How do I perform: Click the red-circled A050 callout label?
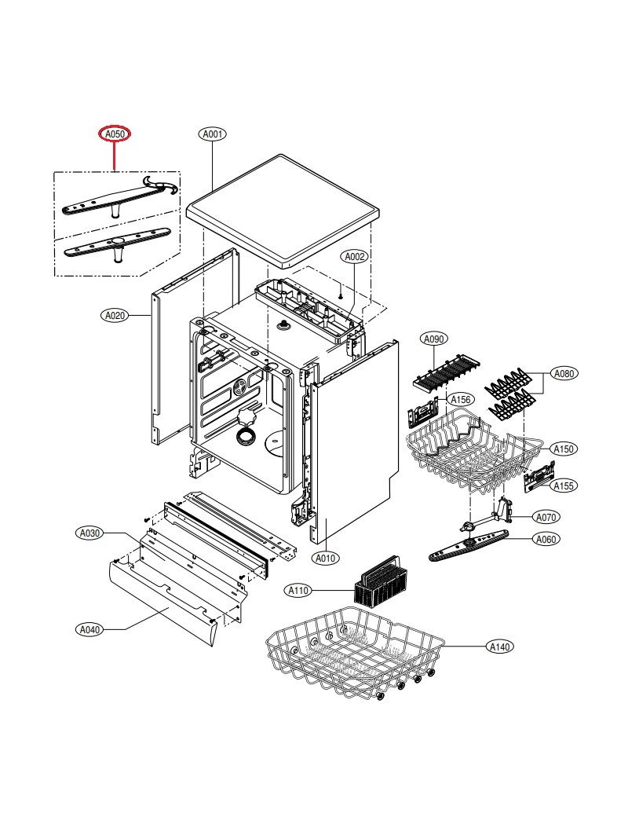(115, 134)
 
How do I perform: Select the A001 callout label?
(212, 134)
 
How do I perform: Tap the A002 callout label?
(354, 257)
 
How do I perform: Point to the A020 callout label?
(115, 315)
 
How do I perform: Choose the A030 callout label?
(90, 533)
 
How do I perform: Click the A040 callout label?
(90, 629)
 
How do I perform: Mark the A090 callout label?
(433, 339)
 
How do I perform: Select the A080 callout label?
(563, 373)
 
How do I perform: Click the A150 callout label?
(563, 449)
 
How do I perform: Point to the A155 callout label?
(563, 486)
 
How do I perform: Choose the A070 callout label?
(546, 517)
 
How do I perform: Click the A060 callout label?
(546, 539)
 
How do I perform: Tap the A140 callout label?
(499, 647)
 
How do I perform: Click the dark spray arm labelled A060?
(471, 546)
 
